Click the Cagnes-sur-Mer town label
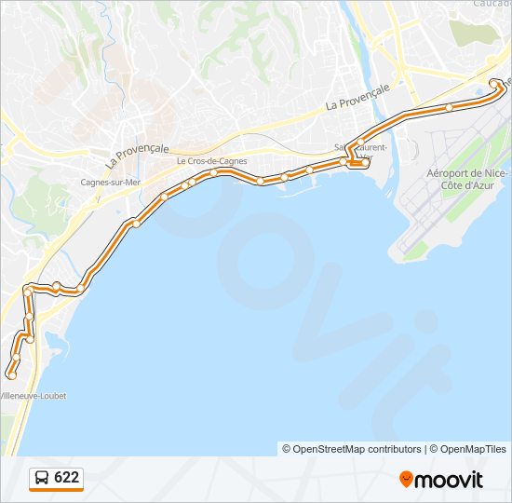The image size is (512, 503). point(110,182)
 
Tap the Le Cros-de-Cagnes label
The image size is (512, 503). point(211,160)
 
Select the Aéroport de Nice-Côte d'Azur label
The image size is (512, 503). point(467,180)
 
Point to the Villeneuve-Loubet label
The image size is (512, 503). point(34,396)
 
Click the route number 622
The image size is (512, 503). point(67,478)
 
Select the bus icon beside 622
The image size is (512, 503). point(43,479)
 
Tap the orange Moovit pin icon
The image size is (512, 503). point(406,479)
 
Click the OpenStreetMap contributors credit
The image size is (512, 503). point(352,449)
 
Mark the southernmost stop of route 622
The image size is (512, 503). point(11,374)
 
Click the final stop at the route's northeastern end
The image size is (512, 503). point(493,85)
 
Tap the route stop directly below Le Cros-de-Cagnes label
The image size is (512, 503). point(214,172)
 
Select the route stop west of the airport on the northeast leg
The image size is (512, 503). point(449,107)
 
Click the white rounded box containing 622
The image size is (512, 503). point(56,479)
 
